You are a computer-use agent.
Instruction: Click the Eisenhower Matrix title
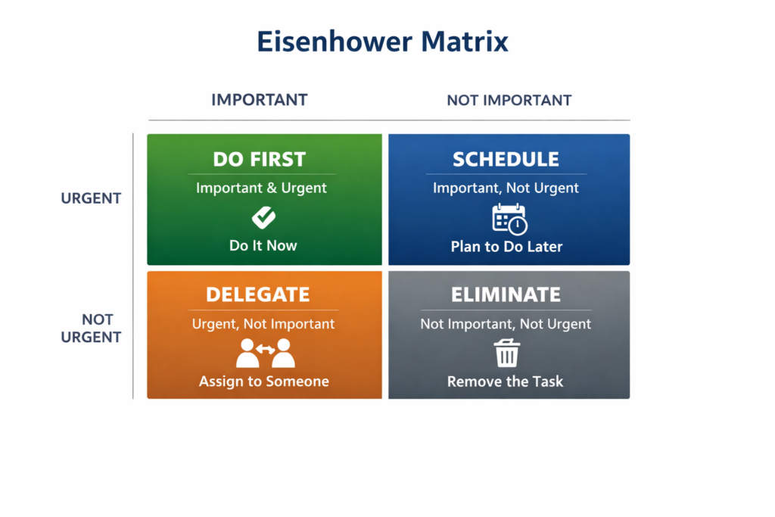pos(382,41)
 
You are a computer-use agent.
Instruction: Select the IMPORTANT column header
pos(260,100)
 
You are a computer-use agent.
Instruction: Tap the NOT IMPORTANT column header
pos(509,100)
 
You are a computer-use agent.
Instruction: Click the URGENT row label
pos(91,198)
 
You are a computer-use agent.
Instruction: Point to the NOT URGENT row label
pos(91,329)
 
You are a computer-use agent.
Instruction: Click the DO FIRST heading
pos(260,160)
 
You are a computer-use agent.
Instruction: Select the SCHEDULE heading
pos(506,160)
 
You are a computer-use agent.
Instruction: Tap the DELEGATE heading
pos(257,294)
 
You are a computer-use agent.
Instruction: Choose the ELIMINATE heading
pos(506,294)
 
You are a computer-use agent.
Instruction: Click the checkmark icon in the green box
pos(263,218)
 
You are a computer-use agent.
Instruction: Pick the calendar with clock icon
pos(509,220)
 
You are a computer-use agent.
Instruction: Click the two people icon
pos(264,353)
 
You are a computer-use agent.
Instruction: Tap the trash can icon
pos(506,353)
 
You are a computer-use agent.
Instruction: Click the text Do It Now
pos(263,246)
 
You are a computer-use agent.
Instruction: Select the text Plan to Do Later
pos(506,247)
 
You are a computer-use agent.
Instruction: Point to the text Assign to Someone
pos(264,382)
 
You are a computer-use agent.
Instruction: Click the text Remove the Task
pos(505,382)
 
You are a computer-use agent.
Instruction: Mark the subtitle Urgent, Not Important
pos(263,324)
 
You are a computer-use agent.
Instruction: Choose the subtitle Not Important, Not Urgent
pos(506,324)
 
